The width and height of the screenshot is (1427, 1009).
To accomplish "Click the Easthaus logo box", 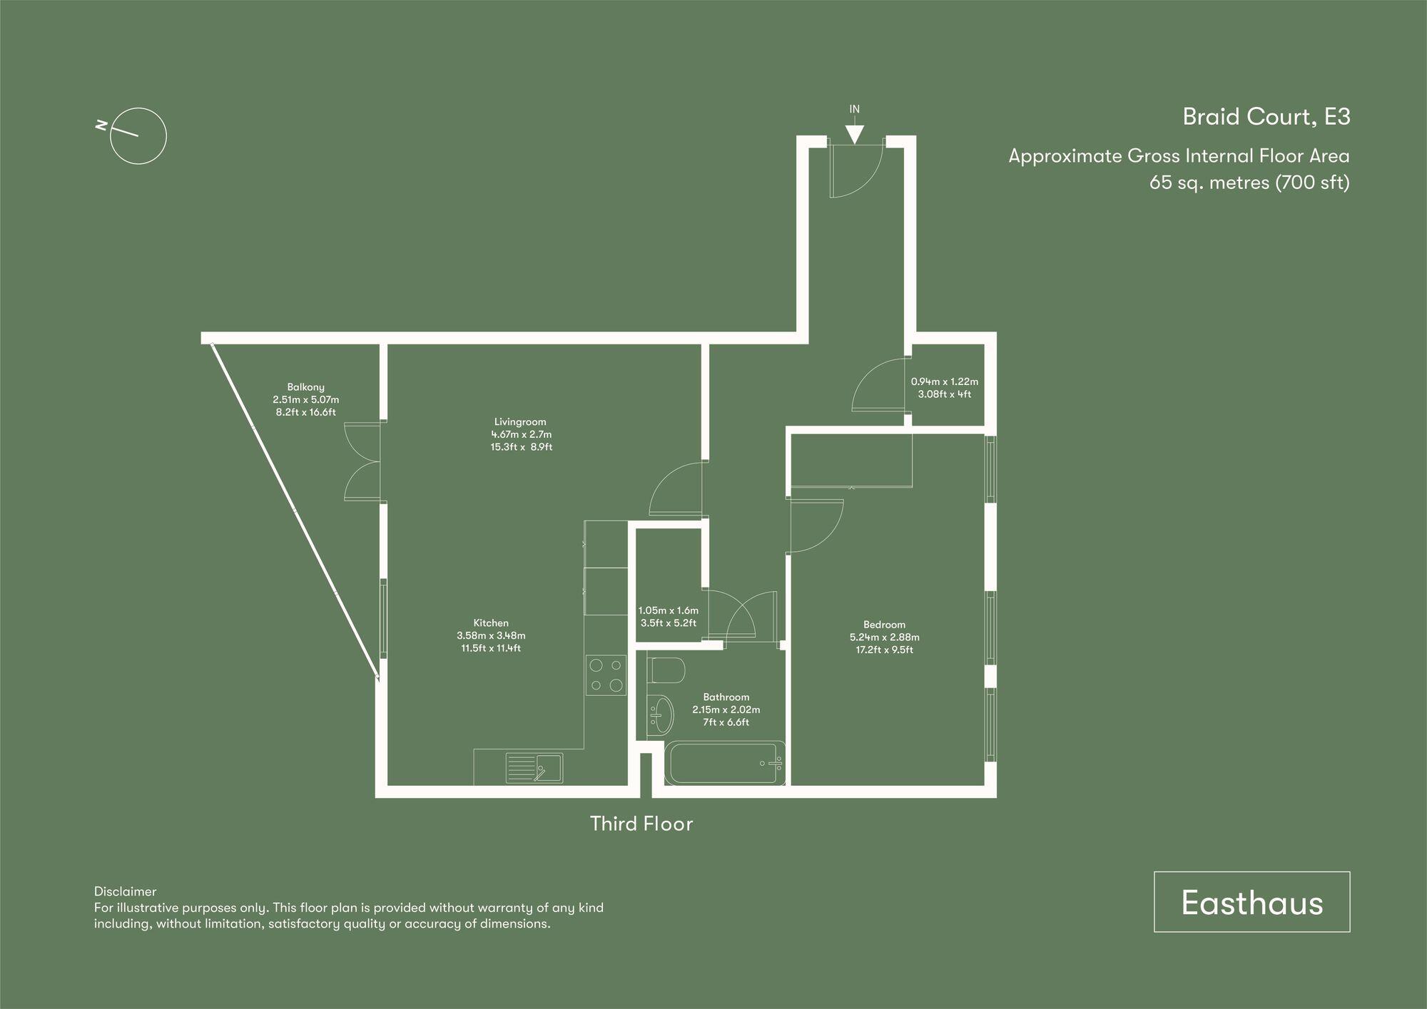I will (1251, 902).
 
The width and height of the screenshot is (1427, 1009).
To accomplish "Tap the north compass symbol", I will (138, 137).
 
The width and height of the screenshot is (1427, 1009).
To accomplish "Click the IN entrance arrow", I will (854, 133).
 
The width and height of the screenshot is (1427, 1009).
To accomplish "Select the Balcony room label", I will (305, 387).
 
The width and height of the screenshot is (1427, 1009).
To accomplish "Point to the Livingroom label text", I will (520, 421).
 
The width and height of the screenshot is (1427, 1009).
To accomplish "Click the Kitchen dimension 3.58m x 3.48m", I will (491, 635).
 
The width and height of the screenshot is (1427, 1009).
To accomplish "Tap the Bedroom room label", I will (884, 625).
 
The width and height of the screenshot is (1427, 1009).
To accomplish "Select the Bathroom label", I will (726, 697).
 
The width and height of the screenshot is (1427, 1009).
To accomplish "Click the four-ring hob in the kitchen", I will (606, 675).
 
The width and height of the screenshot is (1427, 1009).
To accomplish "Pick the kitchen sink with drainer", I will (534, 768).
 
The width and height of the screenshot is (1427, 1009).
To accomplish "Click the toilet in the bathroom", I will (668, 670).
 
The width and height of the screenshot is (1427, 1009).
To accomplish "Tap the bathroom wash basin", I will (661, 715).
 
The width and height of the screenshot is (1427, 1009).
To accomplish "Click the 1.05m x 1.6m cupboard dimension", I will (668, 610).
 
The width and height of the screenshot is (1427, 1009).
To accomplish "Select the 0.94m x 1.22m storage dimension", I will (944, 381).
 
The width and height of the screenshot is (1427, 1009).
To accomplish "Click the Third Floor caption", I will (641, 824).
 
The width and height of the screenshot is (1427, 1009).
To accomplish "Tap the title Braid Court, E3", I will (1266, 117).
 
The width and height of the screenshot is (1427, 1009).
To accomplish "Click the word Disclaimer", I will (125, 891).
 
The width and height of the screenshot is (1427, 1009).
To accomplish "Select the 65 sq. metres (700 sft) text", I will (1249, 183).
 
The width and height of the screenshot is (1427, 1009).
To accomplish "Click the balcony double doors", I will (362, 461).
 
